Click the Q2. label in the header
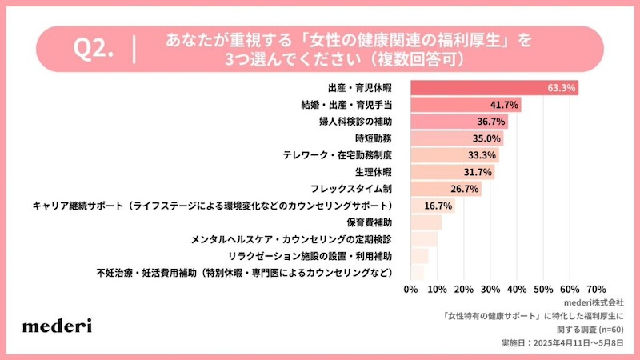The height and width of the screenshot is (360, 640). (x=94, y=50)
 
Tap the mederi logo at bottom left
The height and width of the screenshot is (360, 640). (x=57, y=325)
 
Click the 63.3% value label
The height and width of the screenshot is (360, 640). (x=562, y=87)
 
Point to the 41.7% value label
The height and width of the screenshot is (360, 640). (x=505, y=105)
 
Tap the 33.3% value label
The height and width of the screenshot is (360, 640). (x=482, y=155)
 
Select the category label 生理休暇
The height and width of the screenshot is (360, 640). (x=374, y=172)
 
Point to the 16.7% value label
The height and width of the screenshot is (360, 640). (x=438, y=206)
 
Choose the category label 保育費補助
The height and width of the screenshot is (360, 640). (x=369, y=222)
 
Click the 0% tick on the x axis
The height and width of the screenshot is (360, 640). (x=411, y=288)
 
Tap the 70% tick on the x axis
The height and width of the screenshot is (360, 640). (x=596, y=288)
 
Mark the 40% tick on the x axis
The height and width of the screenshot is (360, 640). (x=517, y=288)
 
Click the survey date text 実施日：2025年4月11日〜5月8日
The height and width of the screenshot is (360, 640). (x=565, y=342)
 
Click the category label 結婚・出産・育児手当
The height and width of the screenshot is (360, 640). (x=345, y=105)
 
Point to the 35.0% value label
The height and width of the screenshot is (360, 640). (x=487, y=138)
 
